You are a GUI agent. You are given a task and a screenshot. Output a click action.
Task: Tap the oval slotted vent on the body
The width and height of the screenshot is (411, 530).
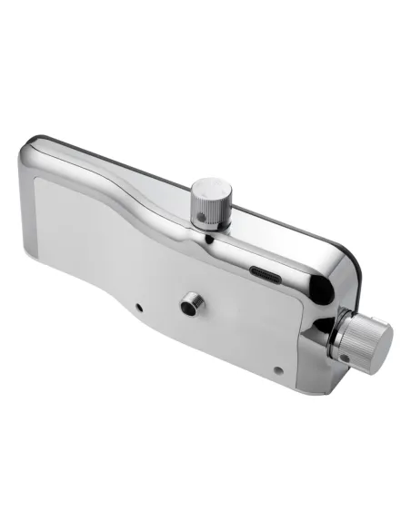click(x=266, y=272)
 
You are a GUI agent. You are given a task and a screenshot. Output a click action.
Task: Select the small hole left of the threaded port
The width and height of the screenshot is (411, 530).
click(x=138, y=307)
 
